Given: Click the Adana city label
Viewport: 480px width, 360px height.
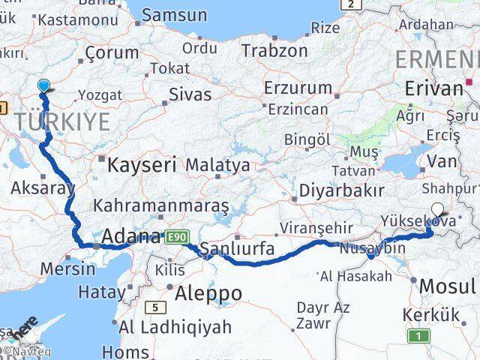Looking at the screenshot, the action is point(132,237).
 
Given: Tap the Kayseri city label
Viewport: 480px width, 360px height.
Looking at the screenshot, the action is point(142,164).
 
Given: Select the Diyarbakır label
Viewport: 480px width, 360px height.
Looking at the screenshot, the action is point(341,190).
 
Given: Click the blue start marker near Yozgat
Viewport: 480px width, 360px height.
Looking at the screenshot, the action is point(44,86).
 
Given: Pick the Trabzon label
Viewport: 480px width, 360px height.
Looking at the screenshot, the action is point(274,50).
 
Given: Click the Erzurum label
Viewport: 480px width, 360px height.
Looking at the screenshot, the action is point(298,88).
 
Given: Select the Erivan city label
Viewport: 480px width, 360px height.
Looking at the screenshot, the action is point(433,88).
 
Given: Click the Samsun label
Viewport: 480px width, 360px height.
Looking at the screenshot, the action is point(174,14).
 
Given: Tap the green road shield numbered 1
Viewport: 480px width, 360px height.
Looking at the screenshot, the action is point(418,336).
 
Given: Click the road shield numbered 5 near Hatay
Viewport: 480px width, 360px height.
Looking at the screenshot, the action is point(154,307).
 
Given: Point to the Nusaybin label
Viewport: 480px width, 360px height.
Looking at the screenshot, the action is point(372,247).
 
